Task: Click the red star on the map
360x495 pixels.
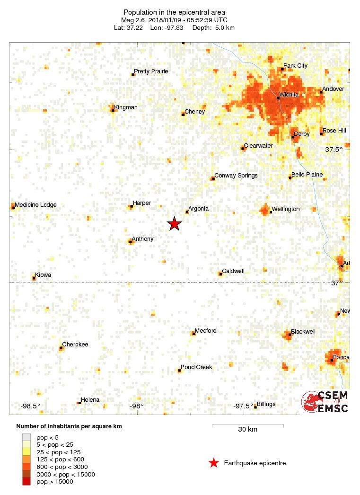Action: (x=175, y=224)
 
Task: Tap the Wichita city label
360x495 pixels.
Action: (x=289, y=95)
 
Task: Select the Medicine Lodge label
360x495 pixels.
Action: (x=35, y=205)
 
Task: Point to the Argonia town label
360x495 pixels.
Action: (x=198, y=209)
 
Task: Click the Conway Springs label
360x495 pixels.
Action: (x=236, y=176)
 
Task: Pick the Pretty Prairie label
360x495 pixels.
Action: (x=151, y=71)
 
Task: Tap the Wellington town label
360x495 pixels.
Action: (x=286, y=209)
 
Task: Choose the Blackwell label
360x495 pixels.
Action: (x=303, y=332)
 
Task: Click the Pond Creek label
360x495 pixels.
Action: (x=196, y=367)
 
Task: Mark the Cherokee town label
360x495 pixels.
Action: (x=75, y=345)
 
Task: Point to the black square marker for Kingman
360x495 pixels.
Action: (x=113, y=111)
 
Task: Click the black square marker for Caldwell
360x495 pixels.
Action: (x=220, y=274)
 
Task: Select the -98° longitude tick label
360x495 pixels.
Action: (x=137, y=406)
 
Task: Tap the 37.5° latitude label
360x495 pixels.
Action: (x=334, y=150)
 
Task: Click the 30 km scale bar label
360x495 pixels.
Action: (x=247, y=430)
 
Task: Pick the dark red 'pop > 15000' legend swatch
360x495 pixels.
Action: (x=26, y=482)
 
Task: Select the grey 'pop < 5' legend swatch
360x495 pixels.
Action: (x=26, y=437)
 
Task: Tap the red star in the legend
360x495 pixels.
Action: (x=214, y=463)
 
